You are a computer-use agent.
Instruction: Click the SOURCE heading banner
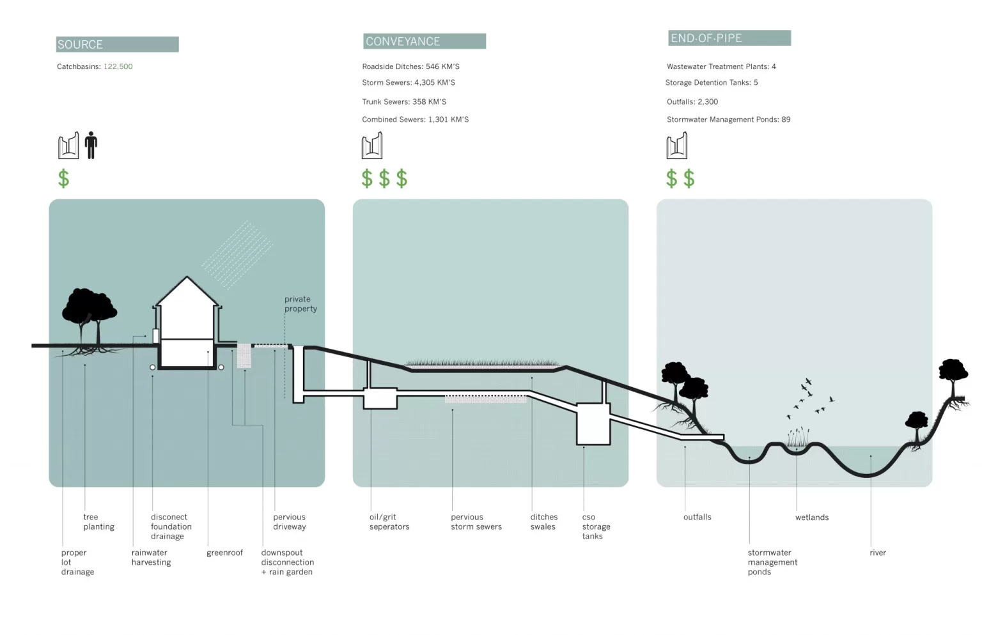click(118, 44)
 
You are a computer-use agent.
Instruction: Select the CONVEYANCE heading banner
click(425, 41)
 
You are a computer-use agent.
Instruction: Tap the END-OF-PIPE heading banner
click(729, 38)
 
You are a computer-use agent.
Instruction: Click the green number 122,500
click(118, 66)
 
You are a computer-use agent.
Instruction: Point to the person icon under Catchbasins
click(91, 145)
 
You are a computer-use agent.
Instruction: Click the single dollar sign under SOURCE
click(63, 179)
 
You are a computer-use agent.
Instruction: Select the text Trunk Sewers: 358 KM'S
click(404, 102)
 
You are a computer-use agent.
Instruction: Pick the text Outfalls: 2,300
click(692, 102)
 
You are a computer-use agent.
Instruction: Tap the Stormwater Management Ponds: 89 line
click(729, 119)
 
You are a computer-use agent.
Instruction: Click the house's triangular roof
click(187, 291)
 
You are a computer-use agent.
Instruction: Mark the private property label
click(300, 304)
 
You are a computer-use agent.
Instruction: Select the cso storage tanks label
click(596, 526)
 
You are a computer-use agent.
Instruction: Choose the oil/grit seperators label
click(389, 521)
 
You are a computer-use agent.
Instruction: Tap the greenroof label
click(224, 553)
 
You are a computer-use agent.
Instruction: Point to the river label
click(878, 553)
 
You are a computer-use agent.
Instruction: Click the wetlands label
click(812, 517)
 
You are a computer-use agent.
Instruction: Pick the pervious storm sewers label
click(476, 521)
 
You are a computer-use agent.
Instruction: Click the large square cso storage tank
click(593, 424)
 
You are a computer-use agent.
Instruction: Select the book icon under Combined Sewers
click(371, 145)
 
